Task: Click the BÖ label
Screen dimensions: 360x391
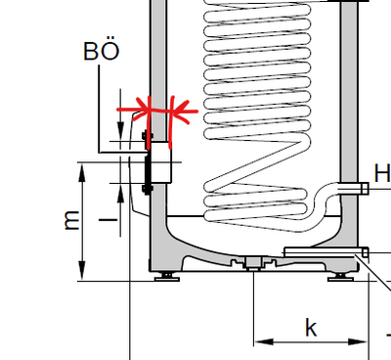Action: pyautogui.click(x=103, y=51)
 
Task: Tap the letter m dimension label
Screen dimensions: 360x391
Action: pyautogui.click(x=70, y=221)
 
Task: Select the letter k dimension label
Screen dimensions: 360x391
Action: pyautogui.click(x=311, y=327)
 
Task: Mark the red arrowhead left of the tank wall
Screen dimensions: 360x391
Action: pyautogui.click(x=141, y=106)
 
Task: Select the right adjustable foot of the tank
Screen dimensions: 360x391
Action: pyautogui.click(x=341, y=275)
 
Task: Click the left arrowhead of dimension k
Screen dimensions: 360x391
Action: pyautogui.click(x=260, y=341)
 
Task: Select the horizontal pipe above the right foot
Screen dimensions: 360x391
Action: pyautogui.click(x=323, y=252)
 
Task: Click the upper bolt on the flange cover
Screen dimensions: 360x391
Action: pyautogui.click(x=148, y=135)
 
